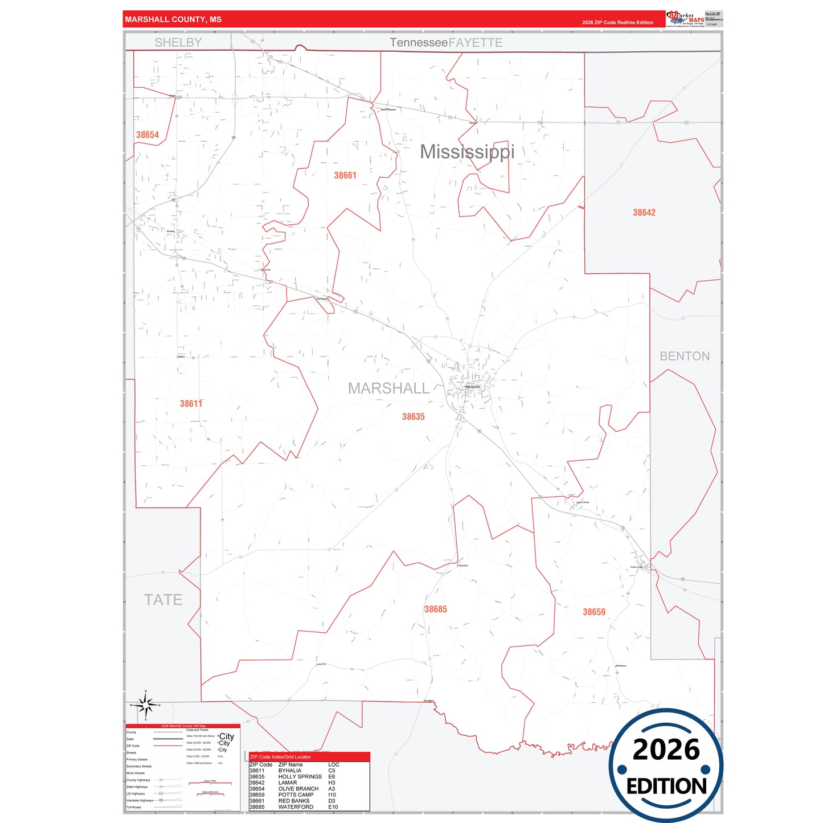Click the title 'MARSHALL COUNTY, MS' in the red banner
click(173, 19)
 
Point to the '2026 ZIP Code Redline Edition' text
click(617, 23)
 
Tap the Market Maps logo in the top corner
click(685, 19)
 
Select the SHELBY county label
click(178, 43)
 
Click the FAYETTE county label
click(476, 43)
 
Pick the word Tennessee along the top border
click(419, 43)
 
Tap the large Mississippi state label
click(467, 152)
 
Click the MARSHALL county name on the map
click(388, 388)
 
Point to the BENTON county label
click(685, 357)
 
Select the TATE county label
click(163, 600)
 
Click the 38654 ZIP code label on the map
click(148, 135)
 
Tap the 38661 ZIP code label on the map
click(345, 175)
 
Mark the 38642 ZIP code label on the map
click(644, 212)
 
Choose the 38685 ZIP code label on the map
click(436, 609)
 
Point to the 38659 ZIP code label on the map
click(594, 612)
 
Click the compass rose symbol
click(146, 706)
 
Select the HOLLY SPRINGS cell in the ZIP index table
click(300, 776)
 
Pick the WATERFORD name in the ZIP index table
click(296, 806)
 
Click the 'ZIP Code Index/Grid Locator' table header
click(281, 757)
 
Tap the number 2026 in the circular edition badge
click(666, 750)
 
